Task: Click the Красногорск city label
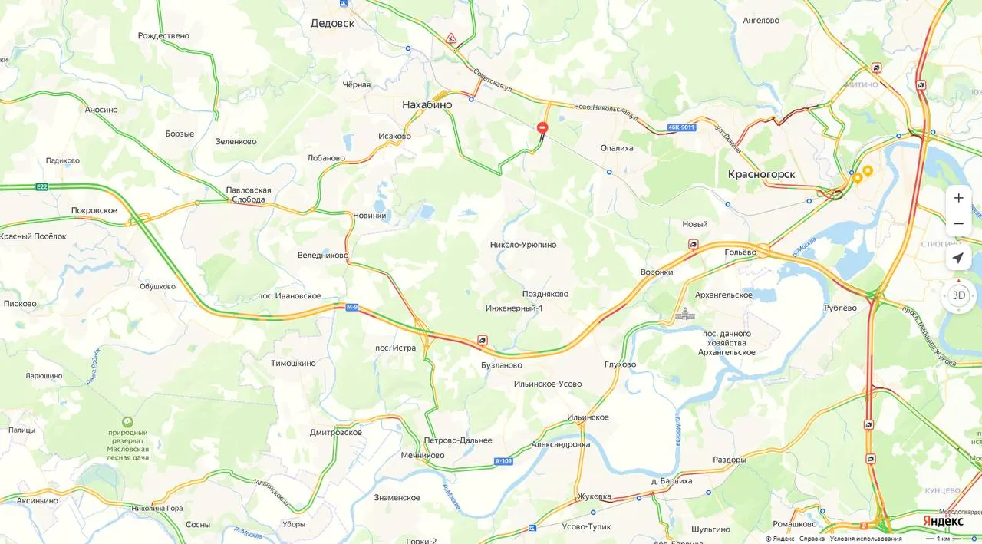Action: pyautogui.click(x=761, y=174)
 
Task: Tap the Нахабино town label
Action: pyautogui.click(x=427, y=104)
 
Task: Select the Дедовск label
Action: pyautogui.click(x=332, y=23)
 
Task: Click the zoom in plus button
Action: pyautogui.click(x=958, y=198)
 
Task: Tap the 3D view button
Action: pyautogui.click(x=958, y=295)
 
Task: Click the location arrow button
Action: pyautogui.click(x=958, y=258)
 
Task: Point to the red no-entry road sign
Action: pyautogui.click(x=542, y=127)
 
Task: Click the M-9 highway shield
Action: pyautogui.click(x=352, y=308)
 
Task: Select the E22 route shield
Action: pyautogui.click(x=41, y=186)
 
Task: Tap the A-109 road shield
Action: pyautogui.click(x=503, y=461)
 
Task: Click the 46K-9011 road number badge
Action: pyautogui.click(x=681, y=127)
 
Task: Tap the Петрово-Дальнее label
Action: pyautogui.click(x=458, y=440)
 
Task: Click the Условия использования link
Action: pyautogui.click(x=865, y=539)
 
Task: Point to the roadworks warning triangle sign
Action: pyautogui.click(x=451, y=38)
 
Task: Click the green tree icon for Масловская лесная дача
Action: pyautogui.click(x=127, y=422)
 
